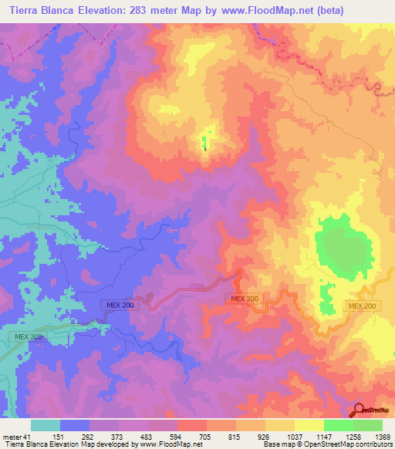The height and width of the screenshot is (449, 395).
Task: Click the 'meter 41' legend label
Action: click(x=15, y=437)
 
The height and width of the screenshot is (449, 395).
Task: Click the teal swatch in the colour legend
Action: click(x=46, y=425)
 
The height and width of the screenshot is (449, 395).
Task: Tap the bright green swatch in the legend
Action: click(x=338, y=425)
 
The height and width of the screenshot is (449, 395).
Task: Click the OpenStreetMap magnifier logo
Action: click(x=359, y=410)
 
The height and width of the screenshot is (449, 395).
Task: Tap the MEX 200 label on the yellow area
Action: click(x=364, y=306)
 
